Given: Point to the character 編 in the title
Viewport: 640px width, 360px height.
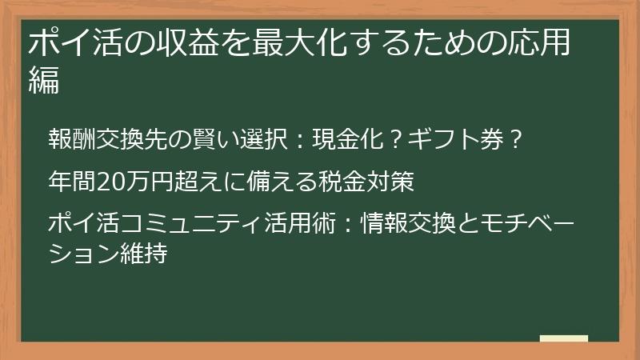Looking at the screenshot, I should coord(44,81).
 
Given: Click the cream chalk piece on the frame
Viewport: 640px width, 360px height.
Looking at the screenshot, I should coord(564,338).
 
